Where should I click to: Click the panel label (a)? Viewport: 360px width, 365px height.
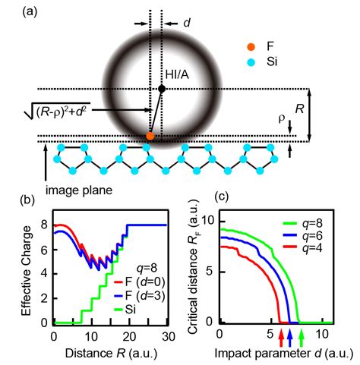(14, 10)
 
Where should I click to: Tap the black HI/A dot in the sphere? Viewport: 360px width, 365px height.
(161, 90)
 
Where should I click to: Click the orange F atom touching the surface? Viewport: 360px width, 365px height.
(150, 136)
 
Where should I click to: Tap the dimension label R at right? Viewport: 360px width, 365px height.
(301, 110)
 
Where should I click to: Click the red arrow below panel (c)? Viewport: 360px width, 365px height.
(281, 330)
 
